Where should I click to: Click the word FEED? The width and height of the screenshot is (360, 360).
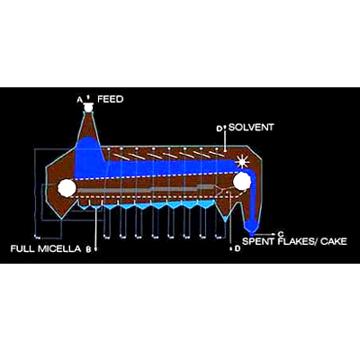[111, 99]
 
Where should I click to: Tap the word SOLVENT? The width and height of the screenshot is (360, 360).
[251, 127]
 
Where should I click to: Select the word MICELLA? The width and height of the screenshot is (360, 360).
[59, 248]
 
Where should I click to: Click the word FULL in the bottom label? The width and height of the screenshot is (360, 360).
[23, 248]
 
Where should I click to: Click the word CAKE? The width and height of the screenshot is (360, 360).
[334, 241]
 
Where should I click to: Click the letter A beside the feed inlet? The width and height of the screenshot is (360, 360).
[79, 100]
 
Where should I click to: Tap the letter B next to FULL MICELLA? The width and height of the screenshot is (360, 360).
[88, 249]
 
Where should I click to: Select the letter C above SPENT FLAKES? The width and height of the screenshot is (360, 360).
[280, 234]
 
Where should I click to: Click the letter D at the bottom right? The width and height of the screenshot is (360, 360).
[238, 248]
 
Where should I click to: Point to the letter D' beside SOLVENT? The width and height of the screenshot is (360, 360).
[220, 129]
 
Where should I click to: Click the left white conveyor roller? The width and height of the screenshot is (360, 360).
[67, 188]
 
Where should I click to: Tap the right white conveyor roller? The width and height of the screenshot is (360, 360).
[242, 182]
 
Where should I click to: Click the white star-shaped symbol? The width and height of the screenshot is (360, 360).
[242, 162]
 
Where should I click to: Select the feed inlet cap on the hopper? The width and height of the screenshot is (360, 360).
[88, 107]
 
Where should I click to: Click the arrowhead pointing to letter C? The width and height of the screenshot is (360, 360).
[273, 234]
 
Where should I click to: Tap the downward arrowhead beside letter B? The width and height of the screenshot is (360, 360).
[95, 249]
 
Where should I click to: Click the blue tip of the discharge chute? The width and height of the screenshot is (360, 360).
[251, 227]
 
